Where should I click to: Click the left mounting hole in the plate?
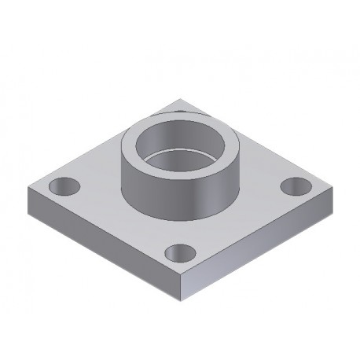[x=63, y=187]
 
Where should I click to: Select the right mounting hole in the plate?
[x=296, y=186]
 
